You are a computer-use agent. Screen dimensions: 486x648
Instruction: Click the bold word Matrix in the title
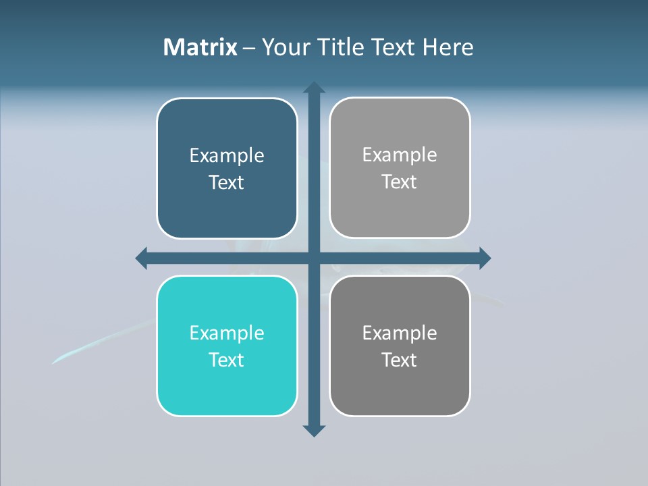[x=200, y=47]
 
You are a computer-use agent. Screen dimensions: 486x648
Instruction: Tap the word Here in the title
[x=448, y=47]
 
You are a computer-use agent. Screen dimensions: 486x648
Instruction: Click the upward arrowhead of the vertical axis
[x=314, y=88]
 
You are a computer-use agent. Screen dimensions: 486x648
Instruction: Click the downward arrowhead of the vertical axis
[x=314, y=430]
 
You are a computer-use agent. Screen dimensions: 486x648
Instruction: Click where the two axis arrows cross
[x=314, y=258]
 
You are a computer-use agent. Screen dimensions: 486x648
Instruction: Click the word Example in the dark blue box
[x=227, y=156]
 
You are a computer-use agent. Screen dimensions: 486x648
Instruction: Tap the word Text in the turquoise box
[x=227, y=360]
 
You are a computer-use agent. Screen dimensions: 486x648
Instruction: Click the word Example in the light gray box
[x=400, y=155]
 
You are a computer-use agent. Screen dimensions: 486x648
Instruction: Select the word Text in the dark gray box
[x=400, y=360]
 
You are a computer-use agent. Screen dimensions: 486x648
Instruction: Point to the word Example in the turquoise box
[x=227, y=333]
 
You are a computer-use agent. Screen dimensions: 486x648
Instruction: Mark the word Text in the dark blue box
[x=227, y=183]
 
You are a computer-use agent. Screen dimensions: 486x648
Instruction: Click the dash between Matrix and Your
[x=249, y=48]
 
